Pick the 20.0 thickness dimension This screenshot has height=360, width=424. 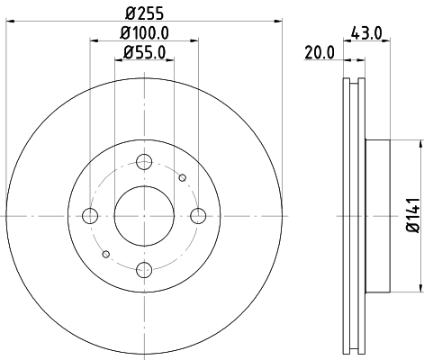click(319, 53)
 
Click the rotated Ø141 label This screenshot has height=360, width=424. click(410, 216)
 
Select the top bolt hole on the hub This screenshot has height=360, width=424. click(143, 162)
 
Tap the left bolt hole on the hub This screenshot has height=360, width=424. click(89, 216)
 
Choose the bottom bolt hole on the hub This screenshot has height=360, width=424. click(143, 269)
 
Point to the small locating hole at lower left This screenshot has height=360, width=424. click(105, 254)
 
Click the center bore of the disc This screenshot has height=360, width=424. click(143, 216)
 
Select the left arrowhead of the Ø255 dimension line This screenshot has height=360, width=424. click(7, 22)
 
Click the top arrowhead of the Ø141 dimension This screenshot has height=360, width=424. click(420, 145)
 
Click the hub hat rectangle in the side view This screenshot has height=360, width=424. click(378, 216)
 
